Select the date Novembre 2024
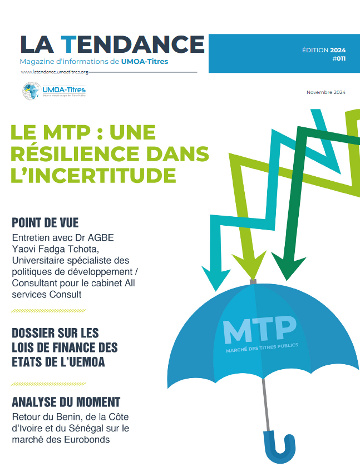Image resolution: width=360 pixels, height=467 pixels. pyautogui.click(x=326, y=92)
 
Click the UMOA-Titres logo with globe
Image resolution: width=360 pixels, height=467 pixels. pyautogui.click(x=53, y=90)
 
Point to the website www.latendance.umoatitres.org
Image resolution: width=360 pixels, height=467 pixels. pyautogui.click(x=55, y=72)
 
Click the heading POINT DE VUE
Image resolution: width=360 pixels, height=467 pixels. pyautogui.click(x=45, y=223)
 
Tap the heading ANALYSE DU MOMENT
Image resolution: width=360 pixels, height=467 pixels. pyautogui.click(x=66, y=402)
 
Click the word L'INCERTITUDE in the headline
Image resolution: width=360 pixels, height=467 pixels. pyautogui.click(x=93, y=175)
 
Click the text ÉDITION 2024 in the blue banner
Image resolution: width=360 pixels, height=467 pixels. pyautogui.click(x=323, y=50)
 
